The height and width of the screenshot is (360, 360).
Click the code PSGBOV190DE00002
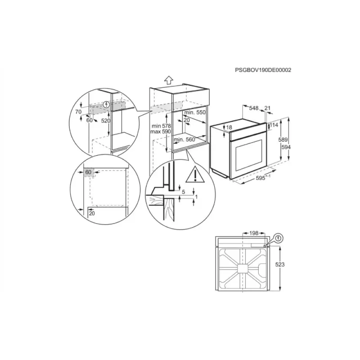pos(263,70)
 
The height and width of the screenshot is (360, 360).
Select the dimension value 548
pos(253,108)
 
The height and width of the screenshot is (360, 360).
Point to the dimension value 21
pos(268,108)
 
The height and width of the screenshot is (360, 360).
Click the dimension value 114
pos(274,125)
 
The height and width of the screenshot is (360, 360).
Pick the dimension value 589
pos(283,140)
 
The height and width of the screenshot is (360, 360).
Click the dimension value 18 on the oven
pos(229,128)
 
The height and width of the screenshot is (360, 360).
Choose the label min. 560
pos(185,140)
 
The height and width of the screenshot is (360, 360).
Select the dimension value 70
pos(78,111)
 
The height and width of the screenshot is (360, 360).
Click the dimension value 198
pos(254,234)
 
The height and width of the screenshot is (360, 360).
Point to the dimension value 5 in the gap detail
pos(183,192)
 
